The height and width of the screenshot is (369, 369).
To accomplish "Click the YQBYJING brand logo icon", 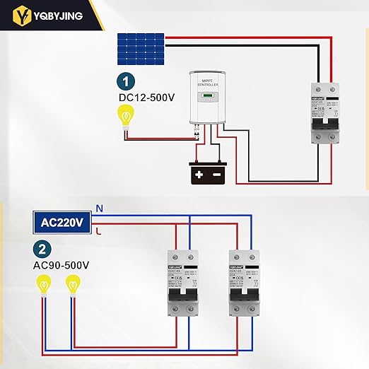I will (26, 13).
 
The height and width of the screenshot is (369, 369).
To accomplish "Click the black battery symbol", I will (208, 173).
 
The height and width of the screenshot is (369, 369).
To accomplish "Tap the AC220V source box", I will (63, 221).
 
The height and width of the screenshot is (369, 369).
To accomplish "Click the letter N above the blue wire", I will (99, 209).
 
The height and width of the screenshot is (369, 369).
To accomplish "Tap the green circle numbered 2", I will (43, 249).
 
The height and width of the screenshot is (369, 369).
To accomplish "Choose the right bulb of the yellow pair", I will (72, 286).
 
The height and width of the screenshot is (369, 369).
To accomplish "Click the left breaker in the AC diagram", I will (180, 283).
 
